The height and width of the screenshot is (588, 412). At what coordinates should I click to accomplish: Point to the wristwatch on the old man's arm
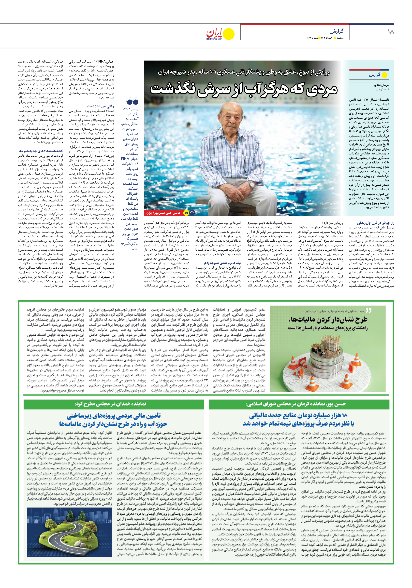252,184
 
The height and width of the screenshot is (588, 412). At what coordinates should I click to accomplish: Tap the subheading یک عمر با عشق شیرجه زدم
222,263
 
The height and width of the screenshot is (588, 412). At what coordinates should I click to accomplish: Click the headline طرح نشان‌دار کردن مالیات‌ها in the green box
328,320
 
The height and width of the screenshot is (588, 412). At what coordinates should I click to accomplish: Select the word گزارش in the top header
336,31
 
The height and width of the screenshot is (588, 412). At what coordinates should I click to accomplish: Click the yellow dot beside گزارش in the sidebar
385,75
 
